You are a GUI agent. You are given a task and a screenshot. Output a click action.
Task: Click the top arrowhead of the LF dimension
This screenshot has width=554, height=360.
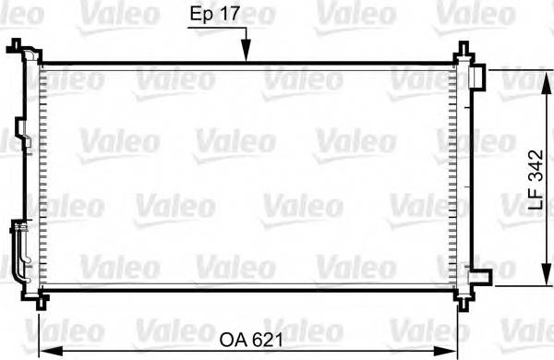[539, 73]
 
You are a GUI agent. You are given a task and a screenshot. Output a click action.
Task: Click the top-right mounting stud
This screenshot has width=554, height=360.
[459, 54]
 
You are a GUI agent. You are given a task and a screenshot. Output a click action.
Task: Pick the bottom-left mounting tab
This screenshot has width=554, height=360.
[39, 300]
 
